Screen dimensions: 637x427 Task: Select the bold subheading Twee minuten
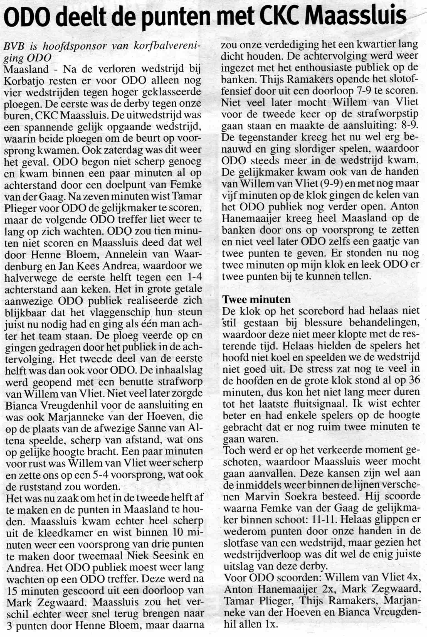pos(257,299)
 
